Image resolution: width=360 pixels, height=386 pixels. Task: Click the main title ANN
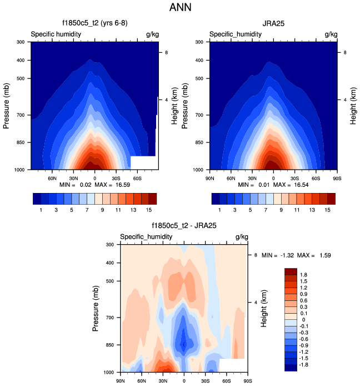click(x=180, y=8)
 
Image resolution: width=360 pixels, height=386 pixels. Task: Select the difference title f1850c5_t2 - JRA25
click(x=183, y=226)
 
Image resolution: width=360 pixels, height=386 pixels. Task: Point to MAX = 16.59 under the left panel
click(x=114, y=184)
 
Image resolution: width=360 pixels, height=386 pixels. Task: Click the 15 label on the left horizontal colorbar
click(x=149, y=210)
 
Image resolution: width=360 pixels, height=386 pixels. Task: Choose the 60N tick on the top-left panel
click(x=52, y=178)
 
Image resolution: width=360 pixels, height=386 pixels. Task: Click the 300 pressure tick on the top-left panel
click(x=19, y=42)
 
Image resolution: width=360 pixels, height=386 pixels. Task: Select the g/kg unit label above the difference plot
click(x=241, y=237)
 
